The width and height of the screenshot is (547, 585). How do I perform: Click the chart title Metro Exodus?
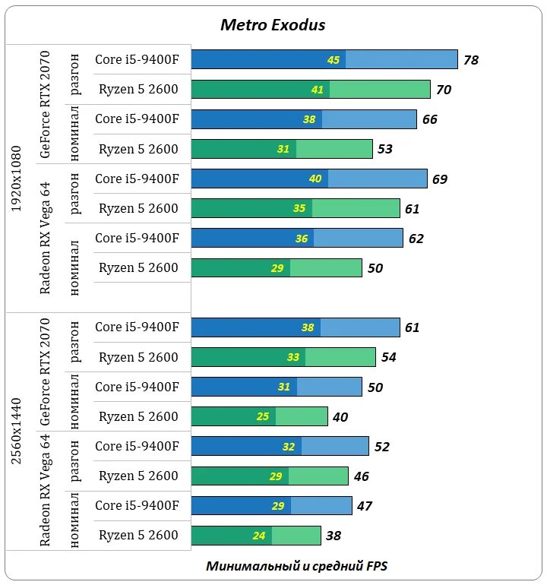coord(273,25)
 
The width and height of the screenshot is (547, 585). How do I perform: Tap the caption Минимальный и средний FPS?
coord(297,566)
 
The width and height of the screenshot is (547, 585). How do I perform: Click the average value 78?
coord(470,60)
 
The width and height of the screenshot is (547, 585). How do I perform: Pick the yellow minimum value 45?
coord(334,60)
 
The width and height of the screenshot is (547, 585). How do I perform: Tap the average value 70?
coord(444,90)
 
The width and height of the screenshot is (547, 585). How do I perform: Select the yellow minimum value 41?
coord(318,90)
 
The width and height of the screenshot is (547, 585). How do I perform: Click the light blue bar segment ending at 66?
coord(369,119)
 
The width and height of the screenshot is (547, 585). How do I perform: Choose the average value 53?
coord(385,149)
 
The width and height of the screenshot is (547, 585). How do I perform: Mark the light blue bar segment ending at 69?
coord(378,179)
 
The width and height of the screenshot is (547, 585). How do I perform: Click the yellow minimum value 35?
coord(299,208)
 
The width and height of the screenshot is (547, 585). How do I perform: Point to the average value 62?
coord(416,239)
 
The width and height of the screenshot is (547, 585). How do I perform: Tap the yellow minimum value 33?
coord(293,357)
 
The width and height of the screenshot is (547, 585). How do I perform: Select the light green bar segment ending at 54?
coord(340,357)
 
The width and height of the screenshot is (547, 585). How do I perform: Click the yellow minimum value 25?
coord(263,416)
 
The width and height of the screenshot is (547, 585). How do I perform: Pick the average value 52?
coord(381,447)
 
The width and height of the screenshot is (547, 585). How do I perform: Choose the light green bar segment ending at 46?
coord(318,476)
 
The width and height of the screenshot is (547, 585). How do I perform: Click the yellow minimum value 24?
coord(259,536)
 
